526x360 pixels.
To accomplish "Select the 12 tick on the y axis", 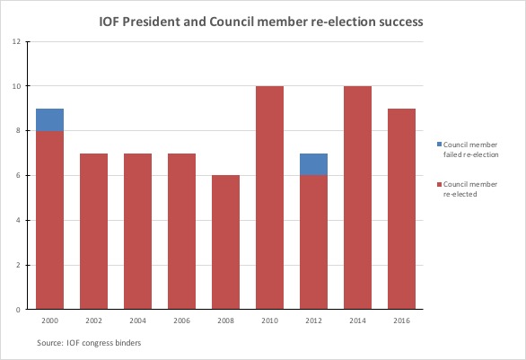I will [15, 41].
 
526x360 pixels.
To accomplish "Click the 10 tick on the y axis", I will [15, 86].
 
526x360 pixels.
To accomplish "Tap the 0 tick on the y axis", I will [17, 310].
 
